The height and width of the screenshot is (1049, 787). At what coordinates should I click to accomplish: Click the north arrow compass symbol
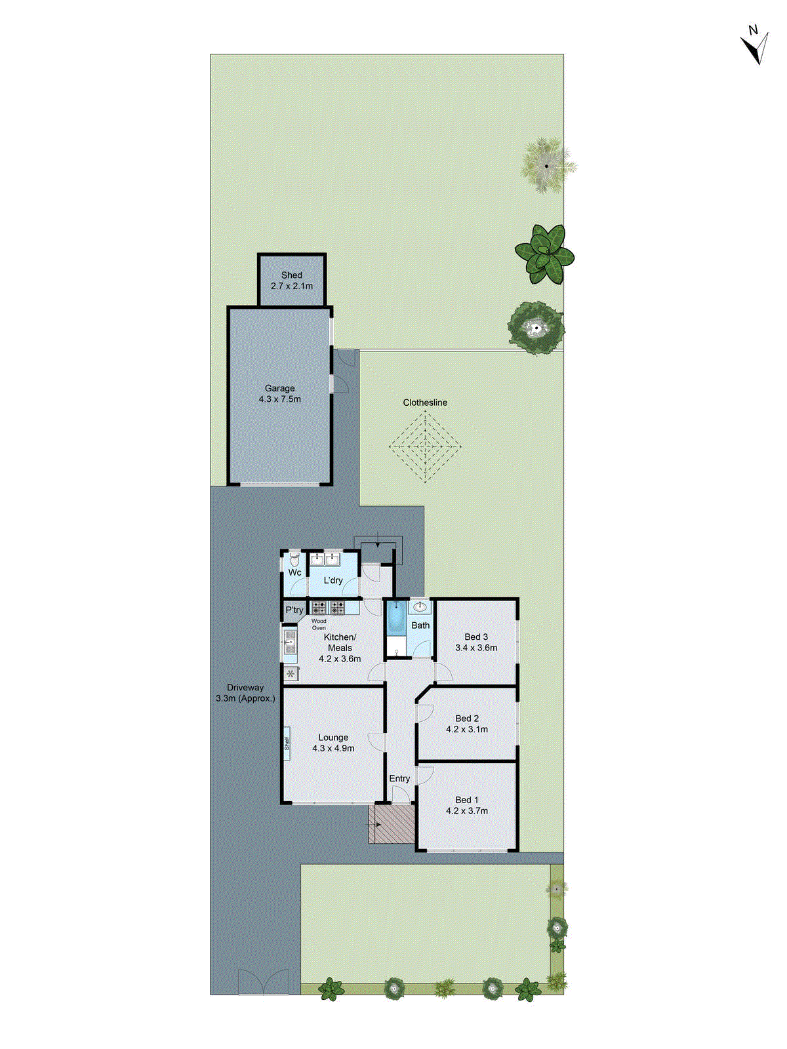tap(756, 46)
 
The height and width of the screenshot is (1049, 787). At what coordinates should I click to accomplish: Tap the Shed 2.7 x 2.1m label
tap(292, 281)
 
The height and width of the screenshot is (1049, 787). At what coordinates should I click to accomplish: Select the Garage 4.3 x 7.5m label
tap(280, 393)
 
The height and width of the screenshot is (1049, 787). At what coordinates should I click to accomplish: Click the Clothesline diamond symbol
tap(425, 446)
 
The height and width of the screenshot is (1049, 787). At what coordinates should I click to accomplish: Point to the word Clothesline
tap(425, 403)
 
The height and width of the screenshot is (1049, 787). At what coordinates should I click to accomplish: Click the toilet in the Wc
tap(294, 561)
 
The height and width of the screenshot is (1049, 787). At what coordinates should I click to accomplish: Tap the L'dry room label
tap(333, 580)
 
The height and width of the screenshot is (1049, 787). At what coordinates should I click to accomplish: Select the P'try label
tap(294, 610)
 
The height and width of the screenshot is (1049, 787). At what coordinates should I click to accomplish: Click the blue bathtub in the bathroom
tap(395, 618)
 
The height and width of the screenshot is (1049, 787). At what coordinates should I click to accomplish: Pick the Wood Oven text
tap(319, 624)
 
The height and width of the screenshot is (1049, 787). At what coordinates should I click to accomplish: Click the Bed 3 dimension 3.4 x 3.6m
tap(476, 648)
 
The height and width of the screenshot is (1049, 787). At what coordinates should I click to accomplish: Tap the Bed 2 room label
tap(467, 719)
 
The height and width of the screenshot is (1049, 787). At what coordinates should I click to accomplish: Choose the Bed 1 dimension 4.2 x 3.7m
tap(467, 811)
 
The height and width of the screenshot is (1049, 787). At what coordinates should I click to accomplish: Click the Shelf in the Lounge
tap(287, 743)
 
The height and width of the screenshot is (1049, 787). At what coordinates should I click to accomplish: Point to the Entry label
tap(399, 779)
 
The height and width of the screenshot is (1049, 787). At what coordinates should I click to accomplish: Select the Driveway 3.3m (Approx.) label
tap(245, 693)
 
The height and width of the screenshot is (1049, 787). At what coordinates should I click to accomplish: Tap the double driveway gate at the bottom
tap(263, 982)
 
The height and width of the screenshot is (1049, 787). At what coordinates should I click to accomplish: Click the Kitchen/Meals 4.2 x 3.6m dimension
tap(340, 659)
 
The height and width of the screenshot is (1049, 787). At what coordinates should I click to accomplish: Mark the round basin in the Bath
tap(420, 606)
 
